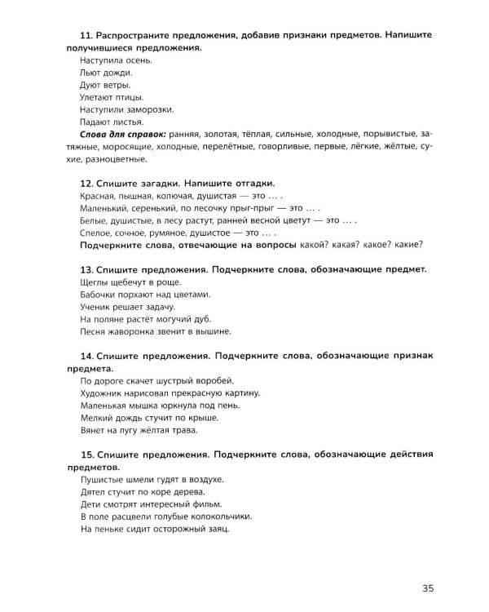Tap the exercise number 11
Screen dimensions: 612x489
point(87,36)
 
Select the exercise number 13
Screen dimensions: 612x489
point(87,268)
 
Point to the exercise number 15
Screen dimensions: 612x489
point(87,454)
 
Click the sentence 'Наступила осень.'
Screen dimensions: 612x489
point(116,60)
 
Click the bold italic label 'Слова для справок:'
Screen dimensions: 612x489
point(123,134)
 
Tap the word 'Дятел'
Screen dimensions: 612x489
point(94,491)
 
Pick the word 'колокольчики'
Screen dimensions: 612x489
point(218,516)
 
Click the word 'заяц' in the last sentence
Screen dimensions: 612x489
point(218,528)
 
